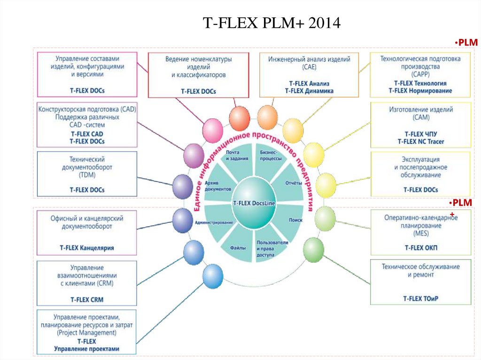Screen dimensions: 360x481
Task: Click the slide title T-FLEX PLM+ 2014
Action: point(271,23)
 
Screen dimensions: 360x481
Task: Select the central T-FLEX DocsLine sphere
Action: point(254,203)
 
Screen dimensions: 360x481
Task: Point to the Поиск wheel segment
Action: point(295,219)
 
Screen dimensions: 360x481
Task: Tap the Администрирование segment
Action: point(214,222)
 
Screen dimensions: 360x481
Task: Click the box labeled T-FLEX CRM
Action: point(86,280)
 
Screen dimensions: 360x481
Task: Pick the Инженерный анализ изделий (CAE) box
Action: point(309,75)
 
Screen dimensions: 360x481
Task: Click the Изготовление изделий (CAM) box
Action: point(420,125)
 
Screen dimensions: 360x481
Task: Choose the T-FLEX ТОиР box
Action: point(420,282)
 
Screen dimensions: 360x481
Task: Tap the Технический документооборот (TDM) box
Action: point(86,173)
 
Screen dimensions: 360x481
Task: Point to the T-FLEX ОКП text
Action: point(421,247)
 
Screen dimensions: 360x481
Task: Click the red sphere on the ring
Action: point(239,116)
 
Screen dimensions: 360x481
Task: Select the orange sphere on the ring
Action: point(268,116)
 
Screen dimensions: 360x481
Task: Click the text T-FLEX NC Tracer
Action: point(421,141)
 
